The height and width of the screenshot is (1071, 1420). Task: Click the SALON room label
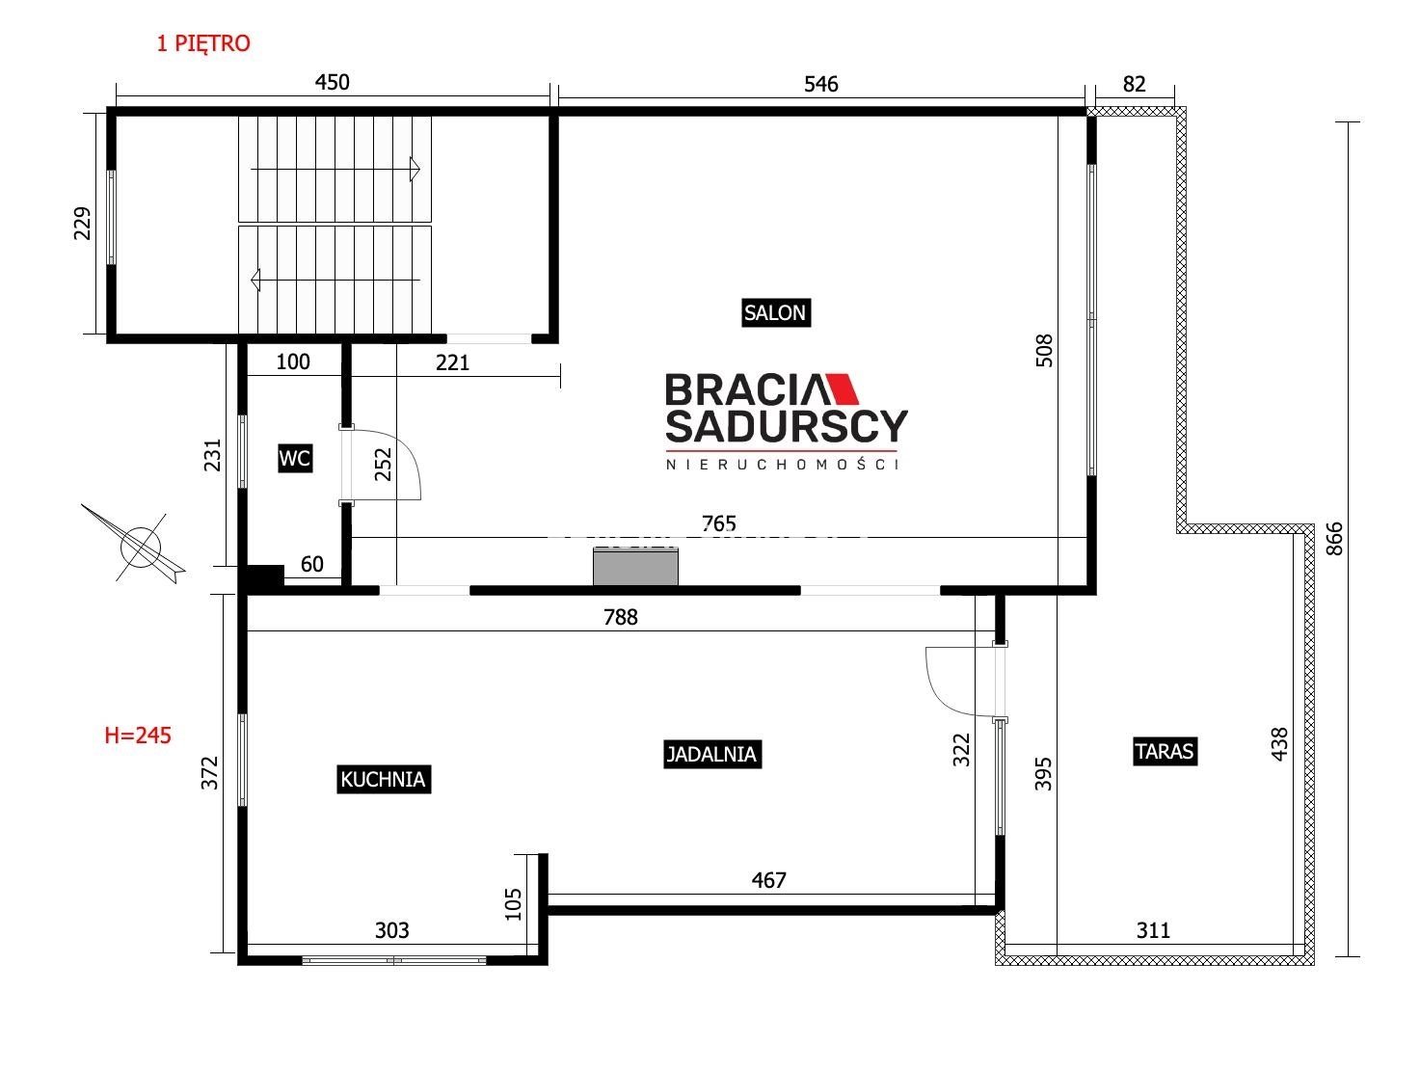click(775, 313)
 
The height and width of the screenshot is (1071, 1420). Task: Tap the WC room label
click(295, 459)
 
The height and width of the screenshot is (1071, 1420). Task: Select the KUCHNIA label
click(383, 779)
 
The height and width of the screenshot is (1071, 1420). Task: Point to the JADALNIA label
click(711, 754)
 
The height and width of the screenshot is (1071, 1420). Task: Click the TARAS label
click(1164, 752)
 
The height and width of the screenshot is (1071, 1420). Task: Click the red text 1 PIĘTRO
click(203, 43)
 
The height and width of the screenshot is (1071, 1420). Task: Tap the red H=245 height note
click(138, 736)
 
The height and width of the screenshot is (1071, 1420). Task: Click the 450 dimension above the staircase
click(332, 82)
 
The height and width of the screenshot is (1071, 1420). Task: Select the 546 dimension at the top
click(821, 84)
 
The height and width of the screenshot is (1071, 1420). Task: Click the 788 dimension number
click(621, 617)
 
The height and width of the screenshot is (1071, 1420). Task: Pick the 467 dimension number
click(768, 880)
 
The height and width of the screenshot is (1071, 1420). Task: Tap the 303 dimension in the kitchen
click(392, 930)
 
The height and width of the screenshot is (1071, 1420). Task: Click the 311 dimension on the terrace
click(1153, 930)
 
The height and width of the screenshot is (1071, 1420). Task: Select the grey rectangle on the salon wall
click(635, 567)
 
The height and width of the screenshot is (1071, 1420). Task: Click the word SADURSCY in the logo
click(787, 426)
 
